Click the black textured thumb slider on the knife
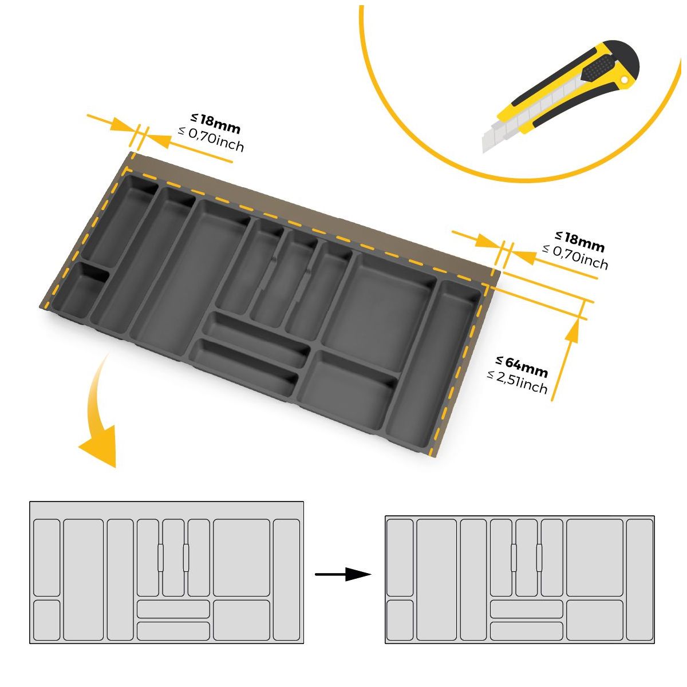click(599, 68)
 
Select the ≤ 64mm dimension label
click(522, 367)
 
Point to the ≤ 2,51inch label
click(517, 382)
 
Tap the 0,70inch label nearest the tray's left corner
click(211, 139)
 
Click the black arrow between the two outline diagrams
click(343, 574)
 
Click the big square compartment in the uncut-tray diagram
click(242, 558)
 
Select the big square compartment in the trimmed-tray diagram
click(594, 558)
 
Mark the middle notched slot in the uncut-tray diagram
click(173, 558)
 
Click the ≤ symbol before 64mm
click(499, 361)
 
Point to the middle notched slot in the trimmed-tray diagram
click(526, 558)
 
